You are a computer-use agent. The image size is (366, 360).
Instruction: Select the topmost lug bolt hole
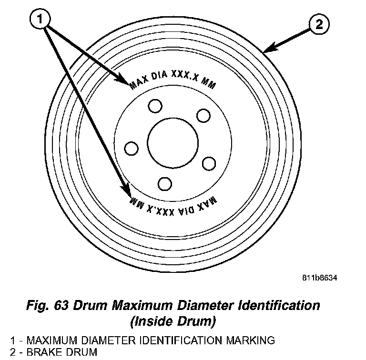pyautogui.click(x=154, y=106)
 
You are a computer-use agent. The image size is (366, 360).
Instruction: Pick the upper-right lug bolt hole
pyautogui.click(x=204, y=116)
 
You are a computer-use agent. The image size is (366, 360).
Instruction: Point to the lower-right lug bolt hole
pyautogui.click(x=209, y=163)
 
